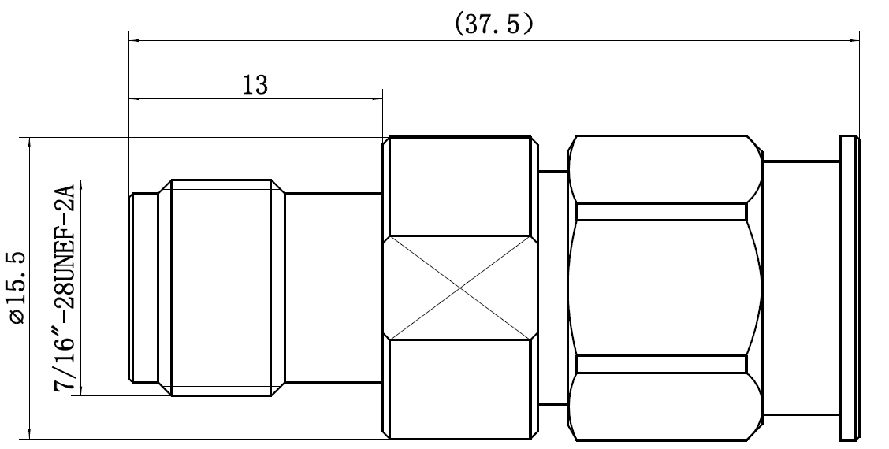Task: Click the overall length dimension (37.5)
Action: tap(493, 24)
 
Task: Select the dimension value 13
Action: tap(255, 85)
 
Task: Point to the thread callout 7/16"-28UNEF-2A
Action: tap(65, 288)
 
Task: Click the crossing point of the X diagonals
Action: tap(459, 288)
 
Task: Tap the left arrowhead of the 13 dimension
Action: tap(134, 99)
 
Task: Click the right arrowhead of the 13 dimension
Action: tap(377, 99)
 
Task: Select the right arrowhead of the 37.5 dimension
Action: tap(854, 40)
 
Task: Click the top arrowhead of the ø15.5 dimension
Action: tap(29, 143)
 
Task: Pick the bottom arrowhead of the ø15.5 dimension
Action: tap(29, 433)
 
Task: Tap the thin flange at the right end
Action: tap(848, 288)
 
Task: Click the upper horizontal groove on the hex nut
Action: tap(661, 211)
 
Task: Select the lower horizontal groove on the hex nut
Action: tap(661, 364)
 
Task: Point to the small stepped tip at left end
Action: tap(143, 288)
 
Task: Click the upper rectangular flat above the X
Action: tap(459, 186)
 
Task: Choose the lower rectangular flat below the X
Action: tap(459, 389)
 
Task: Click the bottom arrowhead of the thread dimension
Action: tap(82, 390)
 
